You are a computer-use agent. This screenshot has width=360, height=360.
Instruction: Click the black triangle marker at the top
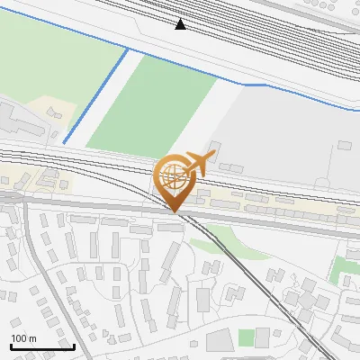point(181,24)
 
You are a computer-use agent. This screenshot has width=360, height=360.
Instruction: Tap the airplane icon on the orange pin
point(198,164)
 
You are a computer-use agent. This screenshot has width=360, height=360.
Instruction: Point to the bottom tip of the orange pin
point(175,211)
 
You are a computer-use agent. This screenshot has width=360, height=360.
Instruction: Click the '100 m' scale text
point(22,338)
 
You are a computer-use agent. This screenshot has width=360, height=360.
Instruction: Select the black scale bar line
point(41,346)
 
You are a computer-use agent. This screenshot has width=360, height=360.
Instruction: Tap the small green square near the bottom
point(246,337)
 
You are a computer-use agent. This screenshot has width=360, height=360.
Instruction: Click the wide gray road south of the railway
point(108,211)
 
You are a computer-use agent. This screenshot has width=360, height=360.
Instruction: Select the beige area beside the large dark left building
point(54,117)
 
